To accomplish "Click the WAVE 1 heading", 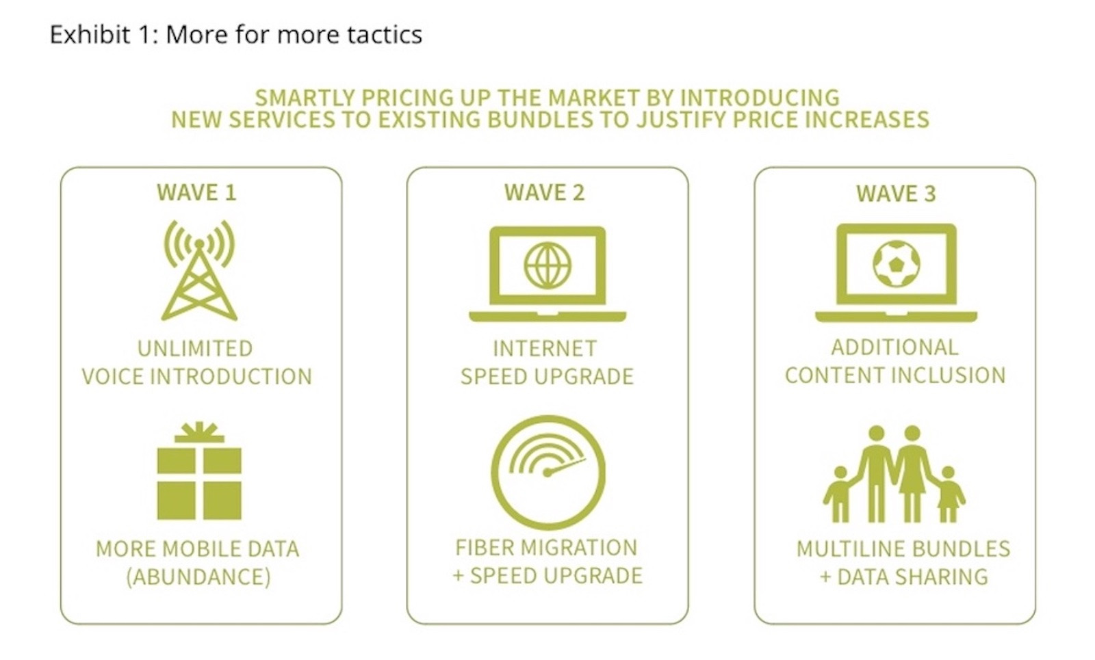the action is pos(196,192).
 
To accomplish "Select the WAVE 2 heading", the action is pos(545,192).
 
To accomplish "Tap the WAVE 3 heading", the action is pos(896,194).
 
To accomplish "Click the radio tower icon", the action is pos(199,270).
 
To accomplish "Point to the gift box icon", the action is pos(199,471).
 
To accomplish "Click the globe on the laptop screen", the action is pos(547,266).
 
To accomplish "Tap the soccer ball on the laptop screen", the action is pos(897,264).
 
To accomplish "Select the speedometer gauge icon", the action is pos(547,472).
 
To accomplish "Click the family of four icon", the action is pos(894,474).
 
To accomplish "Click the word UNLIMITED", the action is pos(195,349).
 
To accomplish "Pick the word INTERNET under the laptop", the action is pos(545,349).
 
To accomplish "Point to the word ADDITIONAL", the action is pos(895,347).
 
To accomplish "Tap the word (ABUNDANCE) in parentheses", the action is pos(198,577).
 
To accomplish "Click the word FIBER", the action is pos(484,548).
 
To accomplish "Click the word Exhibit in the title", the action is pos(90,34).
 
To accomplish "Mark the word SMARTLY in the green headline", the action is pos(305,98).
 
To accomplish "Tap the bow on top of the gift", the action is pos(199,432).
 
